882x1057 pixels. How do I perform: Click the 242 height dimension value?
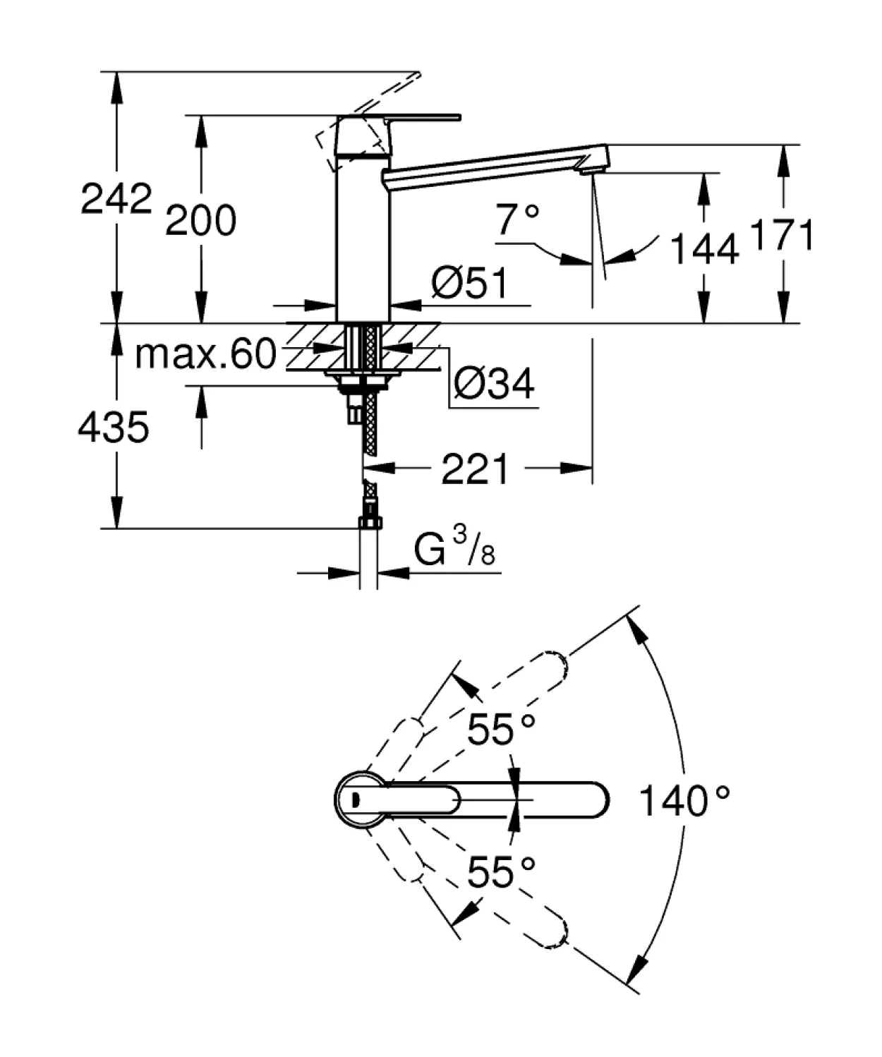pyautogui.click(x=116, y=198)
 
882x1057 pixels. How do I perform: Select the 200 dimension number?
pyautogui.click(x=200, y=219)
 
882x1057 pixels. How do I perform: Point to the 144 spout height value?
pyautogui.click(x=703, y=248)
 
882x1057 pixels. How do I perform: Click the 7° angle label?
pyautogui.click(x=517, y=219)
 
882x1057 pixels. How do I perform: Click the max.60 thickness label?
pyautogui.click(x=206, y=354)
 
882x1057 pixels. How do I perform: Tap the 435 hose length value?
pyautogui.click(x=114, y=427)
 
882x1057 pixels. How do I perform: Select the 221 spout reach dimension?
pyautogui.click(x=474, y=469)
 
